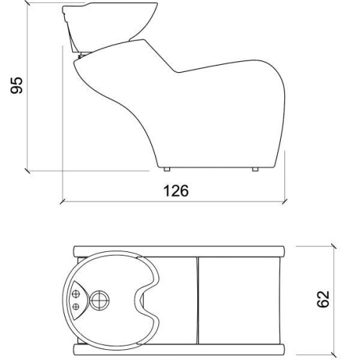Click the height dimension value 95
[17, 85]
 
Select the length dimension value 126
[176, 191]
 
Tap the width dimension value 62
[323, 299]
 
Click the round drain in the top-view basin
[99, 300]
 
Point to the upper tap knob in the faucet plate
[76, 294]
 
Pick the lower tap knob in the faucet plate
[76, 307]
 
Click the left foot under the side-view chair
[167, 169]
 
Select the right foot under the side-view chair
[256, 169]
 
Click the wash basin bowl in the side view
[110, 21]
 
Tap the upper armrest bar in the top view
[179, 251]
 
